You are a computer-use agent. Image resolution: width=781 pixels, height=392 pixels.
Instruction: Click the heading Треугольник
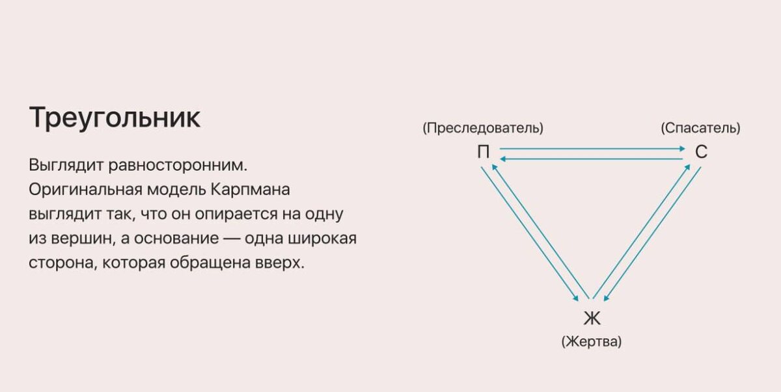tap(115, 118)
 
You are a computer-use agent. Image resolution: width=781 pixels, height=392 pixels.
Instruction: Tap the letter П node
tap(484, 153)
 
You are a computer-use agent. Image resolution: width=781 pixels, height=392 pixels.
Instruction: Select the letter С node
tap(701, 153)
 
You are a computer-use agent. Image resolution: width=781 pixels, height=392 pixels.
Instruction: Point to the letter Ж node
tap(592, 319)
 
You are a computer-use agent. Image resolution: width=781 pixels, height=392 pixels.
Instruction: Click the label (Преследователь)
tap(482, 128)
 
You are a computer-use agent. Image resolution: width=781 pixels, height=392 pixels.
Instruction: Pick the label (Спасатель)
tap(700, 128)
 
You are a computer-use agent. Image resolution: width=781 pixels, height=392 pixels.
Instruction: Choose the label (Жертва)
tap(591, 341)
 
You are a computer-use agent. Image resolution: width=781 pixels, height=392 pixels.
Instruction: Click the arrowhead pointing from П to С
tap(680, 149)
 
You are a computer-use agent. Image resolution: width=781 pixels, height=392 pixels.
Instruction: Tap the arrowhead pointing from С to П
tap(503, 158)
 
